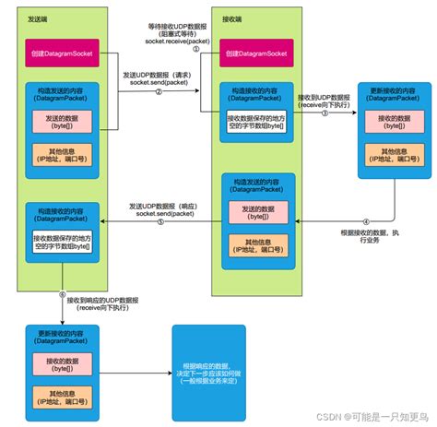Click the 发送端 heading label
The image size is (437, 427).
(x=39, y=17)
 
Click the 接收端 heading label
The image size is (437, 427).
(x=232, y=17)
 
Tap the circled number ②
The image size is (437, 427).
(x=159, y=92)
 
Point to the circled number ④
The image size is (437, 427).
(x=365, y=221)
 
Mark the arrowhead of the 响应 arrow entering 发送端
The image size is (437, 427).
(x=102, y=221)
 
